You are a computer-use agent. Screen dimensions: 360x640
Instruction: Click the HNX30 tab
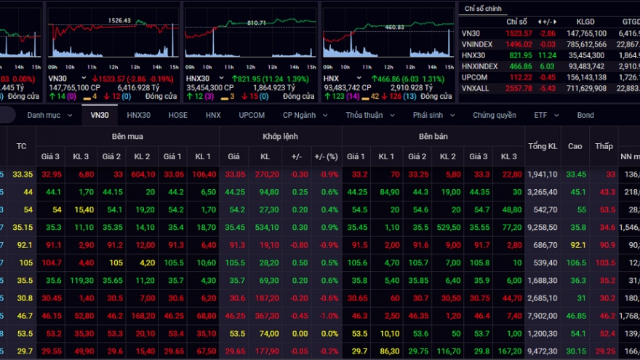point(138,115)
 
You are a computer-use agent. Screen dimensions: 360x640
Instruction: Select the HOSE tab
point(177,115)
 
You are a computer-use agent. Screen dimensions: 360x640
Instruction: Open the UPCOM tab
point(252,115)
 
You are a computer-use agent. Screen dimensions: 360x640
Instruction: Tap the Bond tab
point(585,115)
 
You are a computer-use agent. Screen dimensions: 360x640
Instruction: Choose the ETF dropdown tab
point(545,115)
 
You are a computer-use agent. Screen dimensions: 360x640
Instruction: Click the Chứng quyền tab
point(494,115)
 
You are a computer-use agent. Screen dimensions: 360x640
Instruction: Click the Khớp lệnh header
point(280,136)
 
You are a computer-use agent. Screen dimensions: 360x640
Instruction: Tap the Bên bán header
point(435,136)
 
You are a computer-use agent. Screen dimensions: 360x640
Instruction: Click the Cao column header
point(575,146)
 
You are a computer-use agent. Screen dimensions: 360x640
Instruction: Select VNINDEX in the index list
point(476,44)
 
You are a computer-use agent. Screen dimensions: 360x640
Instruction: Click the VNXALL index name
point(475,87)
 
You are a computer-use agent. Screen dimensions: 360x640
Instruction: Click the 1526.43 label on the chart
point(119,20)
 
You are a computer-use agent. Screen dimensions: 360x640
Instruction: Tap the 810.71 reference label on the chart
point(256,23)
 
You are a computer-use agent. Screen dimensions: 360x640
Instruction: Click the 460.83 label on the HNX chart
point(395,27)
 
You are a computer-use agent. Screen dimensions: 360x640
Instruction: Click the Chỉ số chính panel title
point(484,8)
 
